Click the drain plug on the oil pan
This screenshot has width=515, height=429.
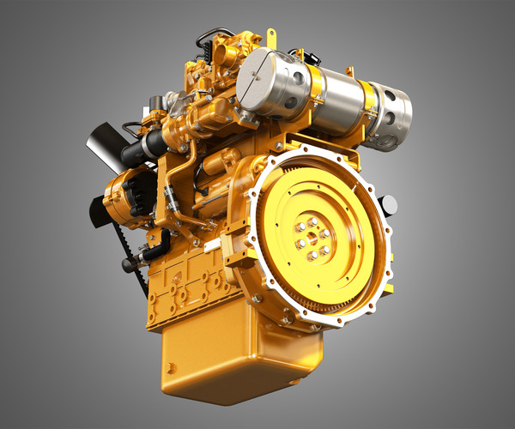[170, 367]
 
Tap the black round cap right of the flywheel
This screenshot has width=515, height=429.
[389, 205]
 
